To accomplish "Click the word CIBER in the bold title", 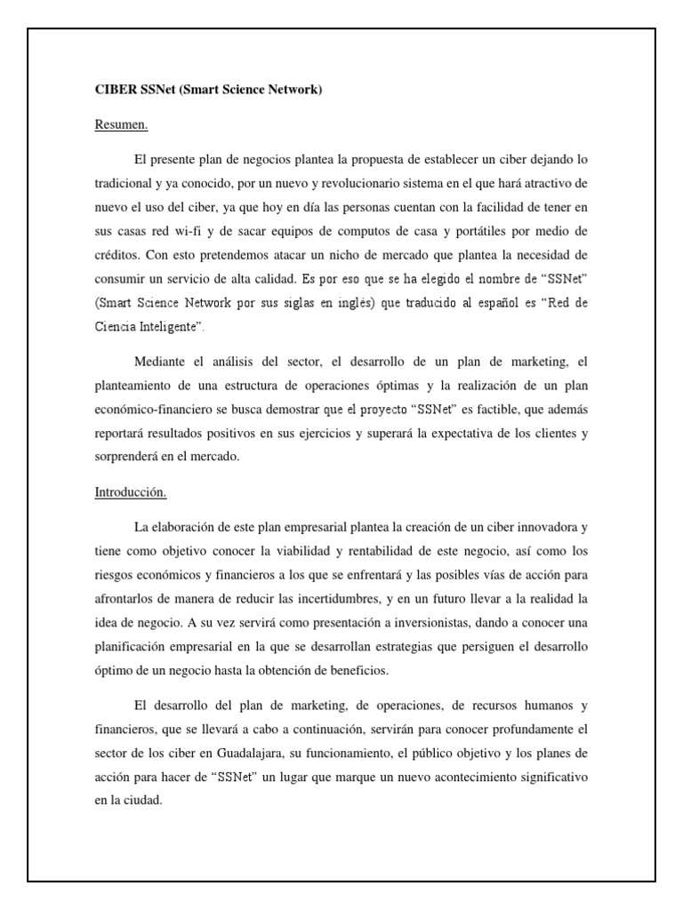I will (115, 90).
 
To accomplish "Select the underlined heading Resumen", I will (121, 125).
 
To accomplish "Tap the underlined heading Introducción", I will (131, 491).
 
